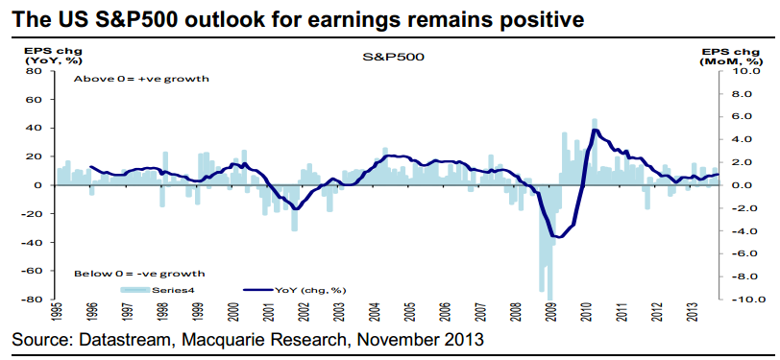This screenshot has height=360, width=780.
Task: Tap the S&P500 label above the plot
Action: [393, 58]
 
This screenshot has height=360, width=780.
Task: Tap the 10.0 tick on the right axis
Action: [743, 72]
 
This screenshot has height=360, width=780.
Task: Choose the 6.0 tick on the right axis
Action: [745, 117]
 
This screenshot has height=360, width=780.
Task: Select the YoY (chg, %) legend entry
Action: [295, 289]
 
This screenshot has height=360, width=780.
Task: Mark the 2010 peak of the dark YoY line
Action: [594, 130]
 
